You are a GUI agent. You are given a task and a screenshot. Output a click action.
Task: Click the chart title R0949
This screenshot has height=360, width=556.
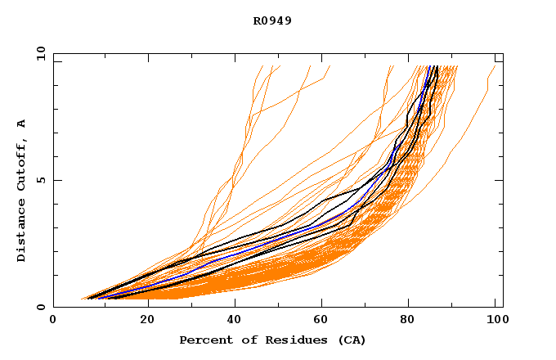pos(272,21)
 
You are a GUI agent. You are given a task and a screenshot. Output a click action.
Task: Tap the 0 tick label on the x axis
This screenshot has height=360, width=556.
pos(53,320)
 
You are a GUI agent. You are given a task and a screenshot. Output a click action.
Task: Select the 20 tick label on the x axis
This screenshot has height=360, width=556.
pos(142,320)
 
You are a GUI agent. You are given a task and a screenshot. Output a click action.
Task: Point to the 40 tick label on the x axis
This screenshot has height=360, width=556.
pos(231,320)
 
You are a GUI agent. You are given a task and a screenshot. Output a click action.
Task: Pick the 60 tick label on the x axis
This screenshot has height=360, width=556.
pos(320,320)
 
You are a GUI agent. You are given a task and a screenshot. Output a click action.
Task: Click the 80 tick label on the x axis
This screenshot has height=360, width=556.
pos(408,320)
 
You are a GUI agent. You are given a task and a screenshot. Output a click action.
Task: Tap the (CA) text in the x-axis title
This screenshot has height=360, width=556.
pos(352,340)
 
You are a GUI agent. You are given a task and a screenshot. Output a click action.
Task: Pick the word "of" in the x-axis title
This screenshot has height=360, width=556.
pos(241,340)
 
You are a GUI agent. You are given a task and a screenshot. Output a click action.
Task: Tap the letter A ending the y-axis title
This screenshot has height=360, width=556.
pos(21,124)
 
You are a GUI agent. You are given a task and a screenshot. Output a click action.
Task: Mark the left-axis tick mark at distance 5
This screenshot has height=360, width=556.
pos(56,180)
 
